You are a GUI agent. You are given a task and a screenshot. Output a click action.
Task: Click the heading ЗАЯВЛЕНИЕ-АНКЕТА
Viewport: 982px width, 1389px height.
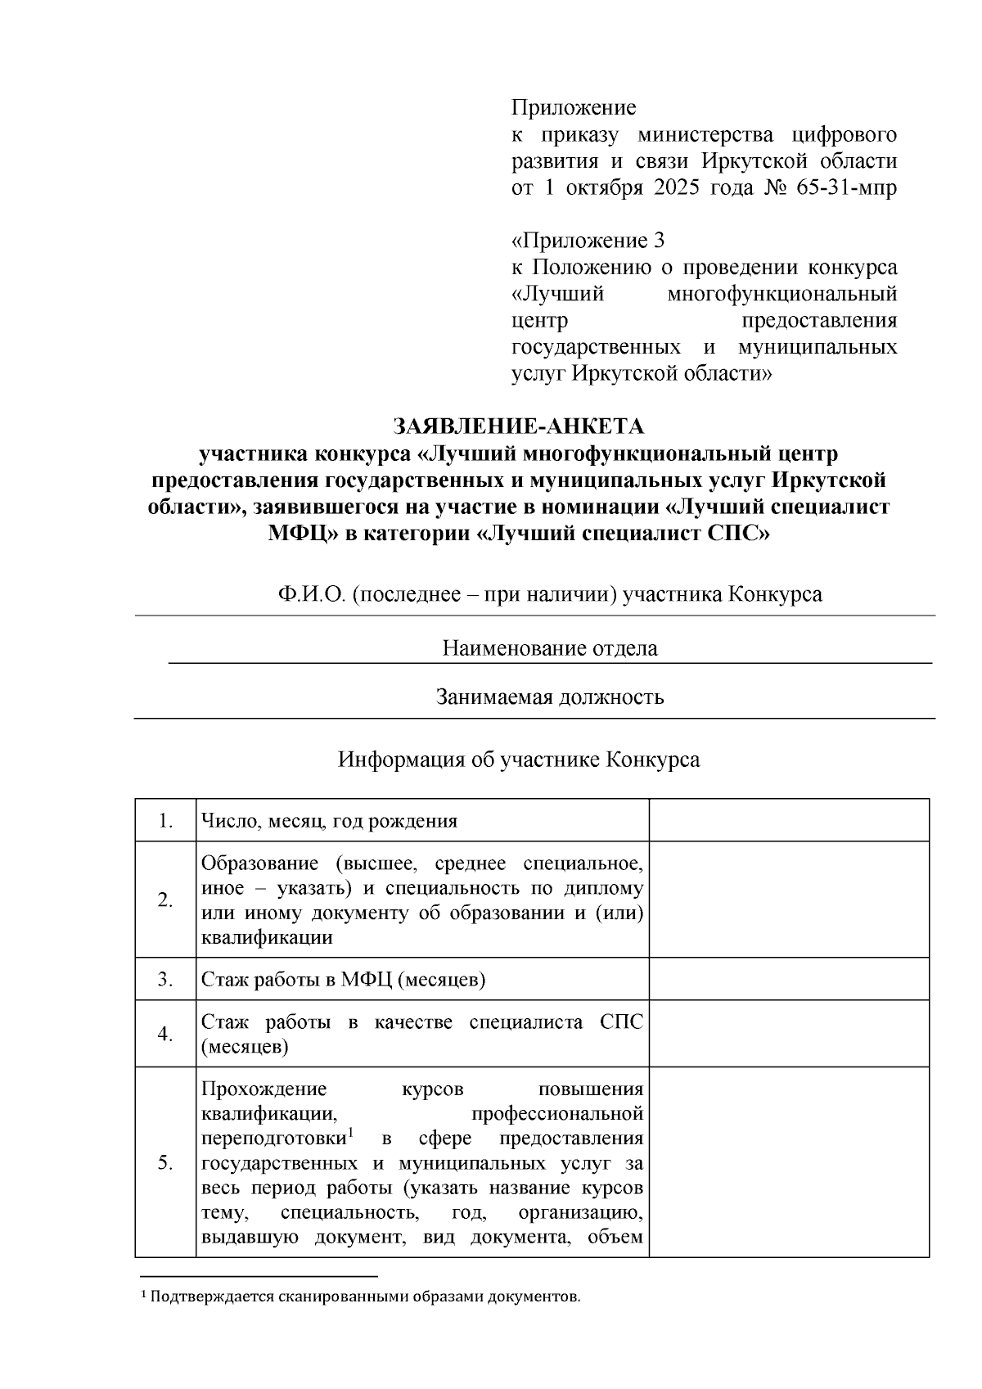tap(519, 426)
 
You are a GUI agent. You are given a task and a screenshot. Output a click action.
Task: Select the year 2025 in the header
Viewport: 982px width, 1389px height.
tap(676, 187)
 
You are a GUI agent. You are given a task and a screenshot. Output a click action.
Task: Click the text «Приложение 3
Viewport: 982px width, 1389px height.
tap(588, 241)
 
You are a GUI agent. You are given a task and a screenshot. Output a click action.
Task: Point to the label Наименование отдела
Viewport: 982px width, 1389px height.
tap(550, 649)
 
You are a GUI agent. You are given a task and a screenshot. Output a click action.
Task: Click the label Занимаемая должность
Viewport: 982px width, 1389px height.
tap(549, 697)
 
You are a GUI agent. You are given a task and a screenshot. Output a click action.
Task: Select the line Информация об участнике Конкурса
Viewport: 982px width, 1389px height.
tap(519, 760)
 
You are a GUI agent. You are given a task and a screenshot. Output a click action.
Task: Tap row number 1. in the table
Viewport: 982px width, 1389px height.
tap(165, 821)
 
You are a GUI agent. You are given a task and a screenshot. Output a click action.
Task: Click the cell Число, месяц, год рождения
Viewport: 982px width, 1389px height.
tap(329, 821)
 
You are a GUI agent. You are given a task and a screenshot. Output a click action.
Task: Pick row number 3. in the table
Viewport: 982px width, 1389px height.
tap(165, 980)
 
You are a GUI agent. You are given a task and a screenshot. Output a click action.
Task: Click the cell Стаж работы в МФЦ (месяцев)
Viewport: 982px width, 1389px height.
tap(343, 980)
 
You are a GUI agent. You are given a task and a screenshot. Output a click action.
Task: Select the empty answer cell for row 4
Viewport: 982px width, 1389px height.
tap(789, 1034)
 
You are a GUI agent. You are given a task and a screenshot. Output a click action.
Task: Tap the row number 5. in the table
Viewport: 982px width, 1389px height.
tap(165, 1162)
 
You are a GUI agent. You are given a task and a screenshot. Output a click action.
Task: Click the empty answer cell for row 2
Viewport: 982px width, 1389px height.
tap(789, 900)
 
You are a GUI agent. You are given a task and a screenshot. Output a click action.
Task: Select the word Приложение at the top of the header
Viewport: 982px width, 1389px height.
tap(574, 108)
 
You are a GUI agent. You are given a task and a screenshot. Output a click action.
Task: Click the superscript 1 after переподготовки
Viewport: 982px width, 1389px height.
tap(349, 1133)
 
